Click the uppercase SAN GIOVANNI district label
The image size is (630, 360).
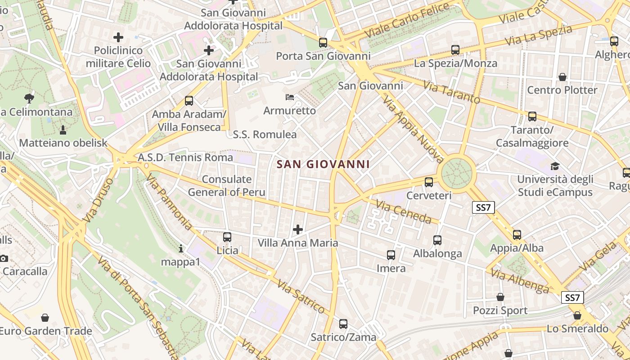pos(323,165)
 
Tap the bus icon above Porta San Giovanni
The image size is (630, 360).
pos(323,43)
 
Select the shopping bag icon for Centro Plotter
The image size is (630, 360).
pos(562,77)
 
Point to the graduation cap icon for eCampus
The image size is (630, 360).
pos(555,166)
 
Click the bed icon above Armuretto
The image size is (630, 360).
pos(290,97)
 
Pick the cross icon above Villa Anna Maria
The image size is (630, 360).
pos(297,230)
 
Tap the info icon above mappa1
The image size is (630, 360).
pos(181,248)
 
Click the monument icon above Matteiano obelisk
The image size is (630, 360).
pos(63,130)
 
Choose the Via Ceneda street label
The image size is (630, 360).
pos(404,212)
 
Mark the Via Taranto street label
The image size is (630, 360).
pos(451,91)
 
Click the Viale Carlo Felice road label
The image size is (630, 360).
pos(407,20)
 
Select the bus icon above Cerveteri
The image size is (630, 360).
pos(429,182)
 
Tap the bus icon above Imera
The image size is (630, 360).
pos(391,255)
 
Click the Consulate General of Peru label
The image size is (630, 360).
pos(226,186)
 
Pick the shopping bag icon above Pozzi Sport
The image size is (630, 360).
pos(500,297)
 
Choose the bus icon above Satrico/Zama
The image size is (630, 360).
pos(343,324)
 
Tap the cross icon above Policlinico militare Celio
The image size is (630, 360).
pos(118,37)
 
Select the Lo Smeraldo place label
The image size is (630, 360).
pos(577,329)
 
